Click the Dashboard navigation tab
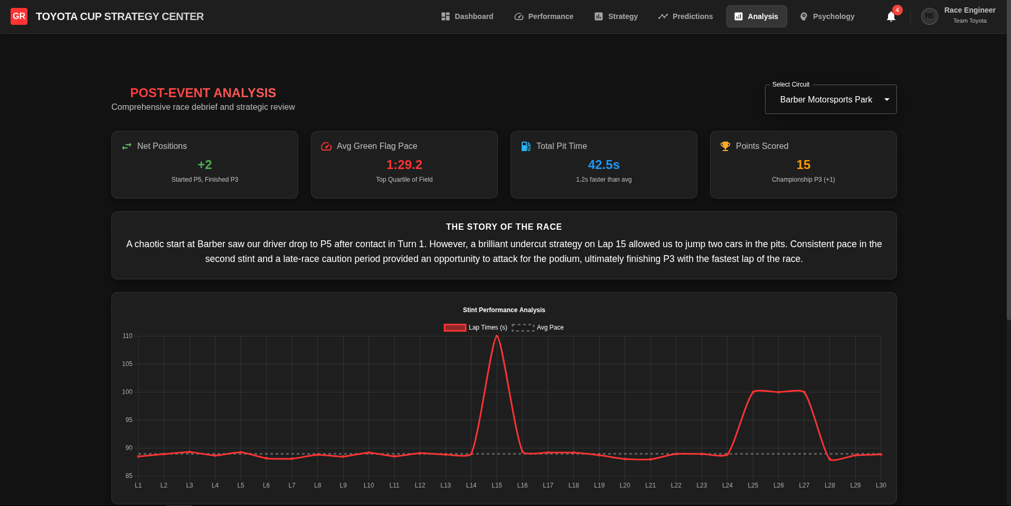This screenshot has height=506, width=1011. [467, 16]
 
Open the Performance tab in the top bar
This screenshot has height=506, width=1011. [544, 16]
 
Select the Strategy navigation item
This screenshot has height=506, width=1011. [616, 16]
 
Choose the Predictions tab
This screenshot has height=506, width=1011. [685, 16]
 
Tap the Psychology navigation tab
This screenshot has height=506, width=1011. [827, 16]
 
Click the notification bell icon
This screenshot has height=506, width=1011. [891, 17]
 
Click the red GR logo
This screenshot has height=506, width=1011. [19, 16]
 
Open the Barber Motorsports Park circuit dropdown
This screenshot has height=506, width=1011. [830, 99]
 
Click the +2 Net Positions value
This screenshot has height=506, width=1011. [205, 165]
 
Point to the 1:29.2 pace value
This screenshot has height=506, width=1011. [404, 165]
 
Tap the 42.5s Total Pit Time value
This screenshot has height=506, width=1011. [604, 165]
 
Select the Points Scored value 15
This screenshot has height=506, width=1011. [804, 165]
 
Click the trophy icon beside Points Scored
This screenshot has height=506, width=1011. [725, 146]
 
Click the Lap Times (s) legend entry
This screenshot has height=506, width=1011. [476, 327]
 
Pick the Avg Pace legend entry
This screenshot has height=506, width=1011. [538, 327]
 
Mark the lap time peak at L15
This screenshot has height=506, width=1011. [497, 336]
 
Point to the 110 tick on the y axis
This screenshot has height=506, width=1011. [127, 336]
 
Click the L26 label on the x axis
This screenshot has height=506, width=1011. [779, 485]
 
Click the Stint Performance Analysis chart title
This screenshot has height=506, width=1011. [504, 310]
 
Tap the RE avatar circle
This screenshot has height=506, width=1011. [929, 16]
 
